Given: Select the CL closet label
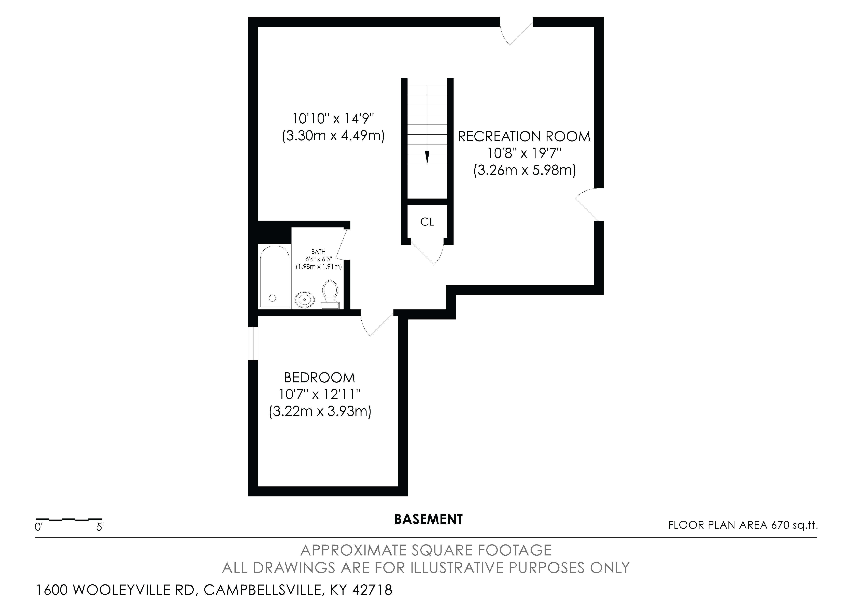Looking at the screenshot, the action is (x=427, y=222).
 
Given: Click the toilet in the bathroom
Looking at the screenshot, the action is (x=330, y=294).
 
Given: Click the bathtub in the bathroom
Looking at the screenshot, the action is (x=275, y=277).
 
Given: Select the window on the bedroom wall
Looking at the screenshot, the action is (x=253, y=343).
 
